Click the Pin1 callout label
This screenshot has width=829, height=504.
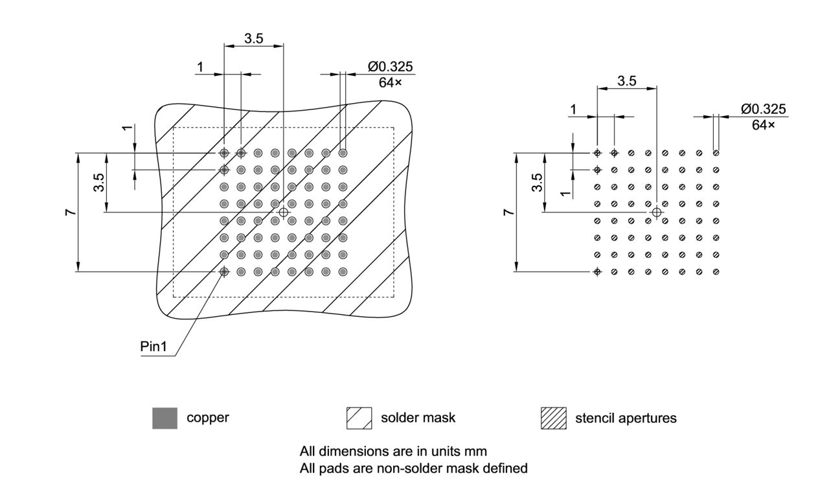pyautogui.click(x=153, y=347)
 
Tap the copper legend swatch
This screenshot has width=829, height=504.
pyautogui.click(x=165, y=418)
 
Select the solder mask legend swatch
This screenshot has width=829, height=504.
pyautogui.click(x=359, y=418)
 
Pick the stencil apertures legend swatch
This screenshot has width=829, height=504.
pyautogui.click(x=553, y=418)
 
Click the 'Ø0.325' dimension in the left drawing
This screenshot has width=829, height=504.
pyautogui.click(x=391, y=67)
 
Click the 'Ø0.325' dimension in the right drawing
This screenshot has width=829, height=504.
pyautogui.click(x=764, y=109)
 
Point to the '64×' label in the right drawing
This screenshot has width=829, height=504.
pyautogui.click(x=763, y=124)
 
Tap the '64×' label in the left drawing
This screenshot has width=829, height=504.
pyautogui.click(x=391, y=82)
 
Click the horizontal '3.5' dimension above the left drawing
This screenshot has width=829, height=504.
pyautogui.click(x=254, y=39)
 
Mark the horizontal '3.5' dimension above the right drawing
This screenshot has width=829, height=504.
pyautogui.click(x=627, y=81)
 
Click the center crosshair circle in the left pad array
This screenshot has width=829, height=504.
pyautogui.click(x=283, y=212)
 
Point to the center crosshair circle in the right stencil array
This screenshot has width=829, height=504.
pyautogui.click(x=657, y=212)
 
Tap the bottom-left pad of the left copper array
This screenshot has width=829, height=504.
pyautogui.click(x=224, y=271)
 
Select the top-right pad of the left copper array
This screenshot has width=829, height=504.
pyautogui.click(x=343, y=153)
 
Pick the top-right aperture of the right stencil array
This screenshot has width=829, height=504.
pyautogui.click(x=716, y=153)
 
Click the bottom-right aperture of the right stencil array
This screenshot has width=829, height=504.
pyautogui.click(x=716, y=271)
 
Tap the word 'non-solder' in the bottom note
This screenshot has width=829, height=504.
pyautogui.click(x=406, y=468)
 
